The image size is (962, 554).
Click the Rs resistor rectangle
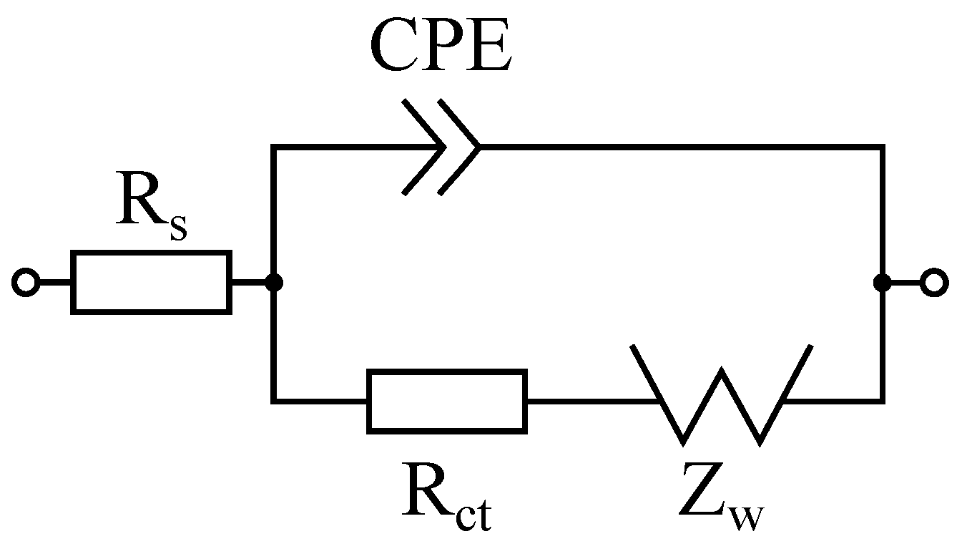point(151,282)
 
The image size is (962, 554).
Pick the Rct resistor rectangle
point(447,401)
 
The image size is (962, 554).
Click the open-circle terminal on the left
point(25,283)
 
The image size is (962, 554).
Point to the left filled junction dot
point(273,283)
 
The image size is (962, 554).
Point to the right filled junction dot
point(883,283)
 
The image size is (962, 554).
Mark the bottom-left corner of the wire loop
point(273,401)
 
